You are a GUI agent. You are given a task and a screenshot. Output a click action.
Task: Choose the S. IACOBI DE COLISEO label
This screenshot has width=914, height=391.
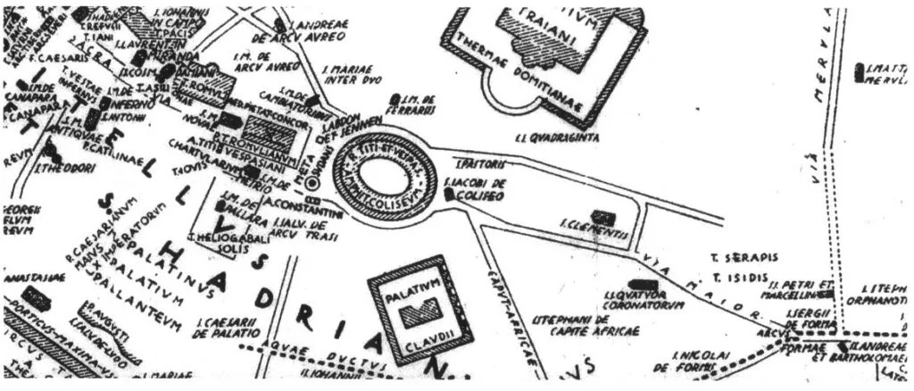pos(474,190)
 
